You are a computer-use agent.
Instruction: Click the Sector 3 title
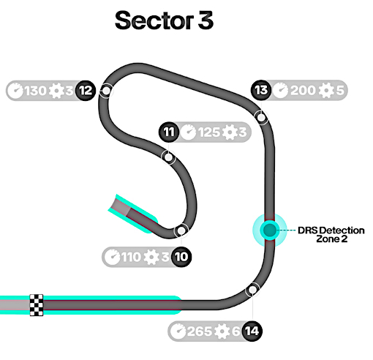[164, 20]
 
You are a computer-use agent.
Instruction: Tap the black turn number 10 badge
[181, 257]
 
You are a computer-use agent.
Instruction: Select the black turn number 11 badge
[169, 132]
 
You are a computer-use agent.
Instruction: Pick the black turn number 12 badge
[86, 91]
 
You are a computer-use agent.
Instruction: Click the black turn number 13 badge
[261, 90]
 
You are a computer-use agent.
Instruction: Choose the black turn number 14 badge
[252, 331]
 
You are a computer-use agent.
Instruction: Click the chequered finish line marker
[37, 305]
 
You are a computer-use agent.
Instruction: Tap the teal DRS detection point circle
[270, 230]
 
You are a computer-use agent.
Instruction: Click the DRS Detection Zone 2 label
[331, 234]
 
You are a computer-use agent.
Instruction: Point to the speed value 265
[200, 331]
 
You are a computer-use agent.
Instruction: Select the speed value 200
[303, 90]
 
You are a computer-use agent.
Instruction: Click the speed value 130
[35, 91]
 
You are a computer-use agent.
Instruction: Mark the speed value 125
[209, 132]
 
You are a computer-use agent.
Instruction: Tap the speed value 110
[131, 257]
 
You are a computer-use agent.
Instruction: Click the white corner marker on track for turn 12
[106, 91]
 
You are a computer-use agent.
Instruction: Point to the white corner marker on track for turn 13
[261, 118]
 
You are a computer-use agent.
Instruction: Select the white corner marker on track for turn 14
[252, 290]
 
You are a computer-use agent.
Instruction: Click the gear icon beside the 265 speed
[222, 331]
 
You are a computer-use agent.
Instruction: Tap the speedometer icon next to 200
[280, 90]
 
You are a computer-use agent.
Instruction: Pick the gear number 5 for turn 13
[340, 90]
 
